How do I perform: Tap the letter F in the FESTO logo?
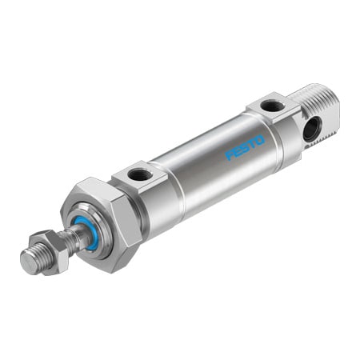(x=229, y=154)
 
